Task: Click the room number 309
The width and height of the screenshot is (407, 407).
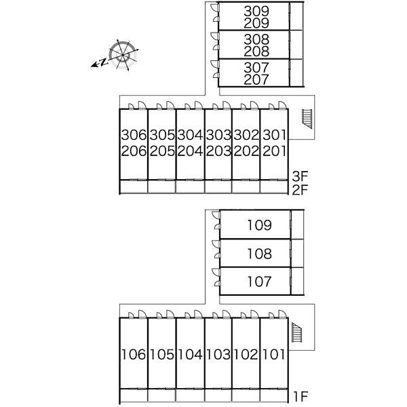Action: pos(256,11)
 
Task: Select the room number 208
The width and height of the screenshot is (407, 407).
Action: pos(256,51)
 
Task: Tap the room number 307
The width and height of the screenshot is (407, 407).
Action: pos(256,67)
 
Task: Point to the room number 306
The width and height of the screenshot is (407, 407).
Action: pos(134,135)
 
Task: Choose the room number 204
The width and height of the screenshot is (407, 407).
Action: pos(190,151)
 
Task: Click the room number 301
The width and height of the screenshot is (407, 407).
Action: pos(274,135)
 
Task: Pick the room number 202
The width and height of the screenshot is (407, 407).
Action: pos(246,151)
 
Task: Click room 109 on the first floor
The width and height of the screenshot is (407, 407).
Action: pos(259,225)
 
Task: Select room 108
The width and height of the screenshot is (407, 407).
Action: pos(259,254)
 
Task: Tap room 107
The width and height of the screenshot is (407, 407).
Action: pos(259,282)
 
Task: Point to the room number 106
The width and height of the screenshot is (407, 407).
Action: pos(134,355)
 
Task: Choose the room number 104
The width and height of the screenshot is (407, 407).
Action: pos(190,355)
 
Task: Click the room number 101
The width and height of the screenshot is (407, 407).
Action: pos(274,355)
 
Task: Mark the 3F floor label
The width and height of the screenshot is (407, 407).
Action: pos(300,176)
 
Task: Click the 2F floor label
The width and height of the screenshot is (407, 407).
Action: pos(300,190)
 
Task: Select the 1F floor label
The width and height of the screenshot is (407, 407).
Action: pos(301,396)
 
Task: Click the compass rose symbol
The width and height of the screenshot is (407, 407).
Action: pos(123,55)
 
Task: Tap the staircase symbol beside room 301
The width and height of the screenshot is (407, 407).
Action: pos(307,119)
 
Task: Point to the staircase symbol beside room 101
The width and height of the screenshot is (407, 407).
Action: pos(297,332)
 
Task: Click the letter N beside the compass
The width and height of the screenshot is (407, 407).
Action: pos(104,62)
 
